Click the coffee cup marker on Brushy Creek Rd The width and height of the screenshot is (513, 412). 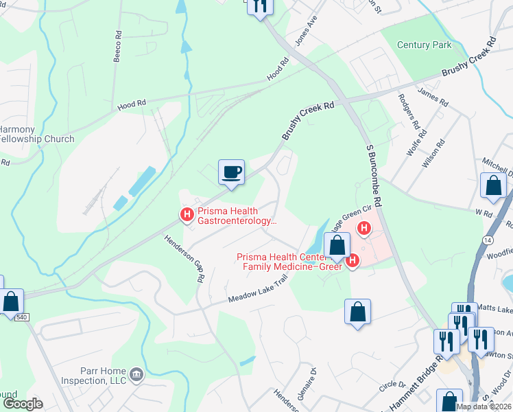231,172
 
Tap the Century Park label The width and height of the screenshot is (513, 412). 425,45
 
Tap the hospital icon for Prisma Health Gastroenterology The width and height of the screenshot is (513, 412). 187,215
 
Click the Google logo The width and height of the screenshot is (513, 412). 22,404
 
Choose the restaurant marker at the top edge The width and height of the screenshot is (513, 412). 259,6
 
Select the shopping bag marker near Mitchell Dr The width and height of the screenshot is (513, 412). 493,185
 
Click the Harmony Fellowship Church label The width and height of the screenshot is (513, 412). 37,134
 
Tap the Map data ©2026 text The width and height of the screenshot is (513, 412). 484,407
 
